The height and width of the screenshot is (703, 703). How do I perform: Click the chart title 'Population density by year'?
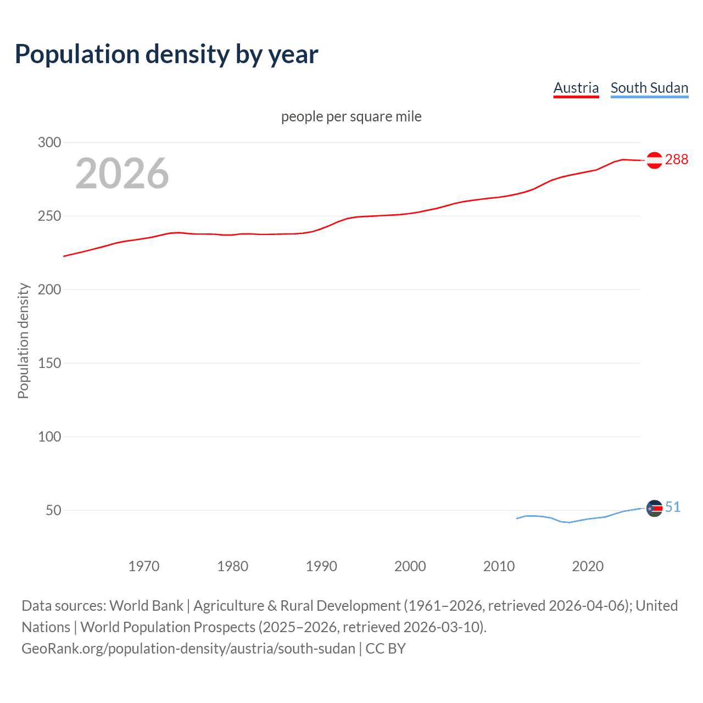point(166,54)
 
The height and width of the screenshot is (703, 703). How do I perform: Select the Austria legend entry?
point(576,88)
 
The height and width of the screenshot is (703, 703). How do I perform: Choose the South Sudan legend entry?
point(649,88)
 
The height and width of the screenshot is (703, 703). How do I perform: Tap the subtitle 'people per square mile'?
point(351,116)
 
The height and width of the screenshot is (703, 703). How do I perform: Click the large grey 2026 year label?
point(122,174)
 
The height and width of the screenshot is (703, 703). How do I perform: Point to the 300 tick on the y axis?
point(49,142)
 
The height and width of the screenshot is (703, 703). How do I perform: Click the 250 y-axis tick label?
point(49,216)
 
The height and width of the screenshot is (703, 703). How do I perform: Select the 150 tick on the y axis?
point(49,363)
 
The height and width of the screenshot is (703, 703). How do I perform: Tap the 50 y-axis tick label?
point(53,510)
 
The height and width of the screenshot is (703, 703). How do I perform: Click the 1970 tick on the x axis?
point(144,566)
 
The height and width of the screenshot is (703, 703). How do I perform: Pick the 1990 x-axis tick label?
point(321,566)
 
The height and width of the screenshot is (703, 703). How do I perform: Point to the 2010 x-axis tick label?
point(499,566)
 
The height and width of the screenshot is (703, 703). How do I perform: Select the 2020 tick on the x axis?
point(588,566)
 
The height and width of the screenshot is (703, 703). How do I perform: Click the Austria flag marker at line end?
point(654,160)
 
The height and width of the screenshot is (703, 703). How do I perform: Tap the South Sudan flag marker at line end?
point(654,509)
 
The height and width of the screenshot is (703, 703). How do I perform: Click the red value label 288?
point(676,159)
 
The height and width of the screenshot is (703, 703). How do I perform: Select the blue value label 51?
point(673,507)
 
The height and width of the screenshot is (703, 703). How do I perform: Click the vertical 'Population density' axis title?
point(23,341)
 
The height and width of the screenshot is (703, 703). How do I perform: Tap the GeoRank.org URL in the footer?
point(188,649)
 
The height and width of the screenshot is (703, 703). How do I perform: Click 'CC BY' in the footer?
point(386,649)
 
